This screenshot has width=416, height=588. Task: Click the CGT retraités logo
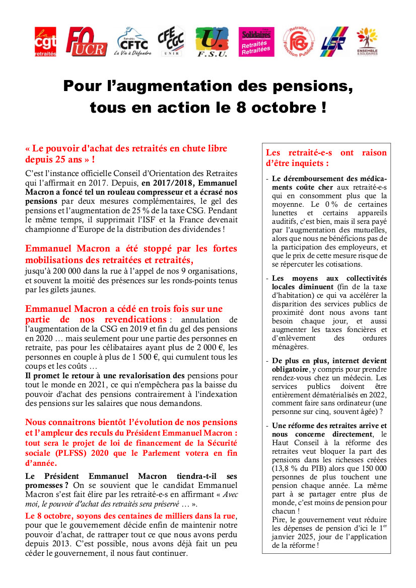click(45, 41)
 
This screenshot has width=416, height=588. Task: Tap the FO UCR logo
click(86, 41)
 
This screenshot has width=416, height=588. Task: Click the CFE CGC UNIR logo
click(171, 41)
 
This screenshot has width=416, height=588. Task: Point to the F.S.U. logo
click(212, 41)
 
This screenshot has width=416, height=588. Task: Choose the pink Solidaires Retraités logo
click(256, 41)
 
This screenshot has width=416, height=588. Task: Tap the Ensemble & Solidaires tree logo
click(367, 41)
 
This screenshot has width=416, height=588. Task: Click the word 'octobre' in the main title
click(276, 108)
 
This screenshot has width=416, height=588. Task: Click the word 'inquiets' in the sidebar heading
click(308, 163)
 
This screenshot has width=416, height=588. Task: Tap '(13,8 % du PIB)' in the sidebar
click(294, 468)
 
